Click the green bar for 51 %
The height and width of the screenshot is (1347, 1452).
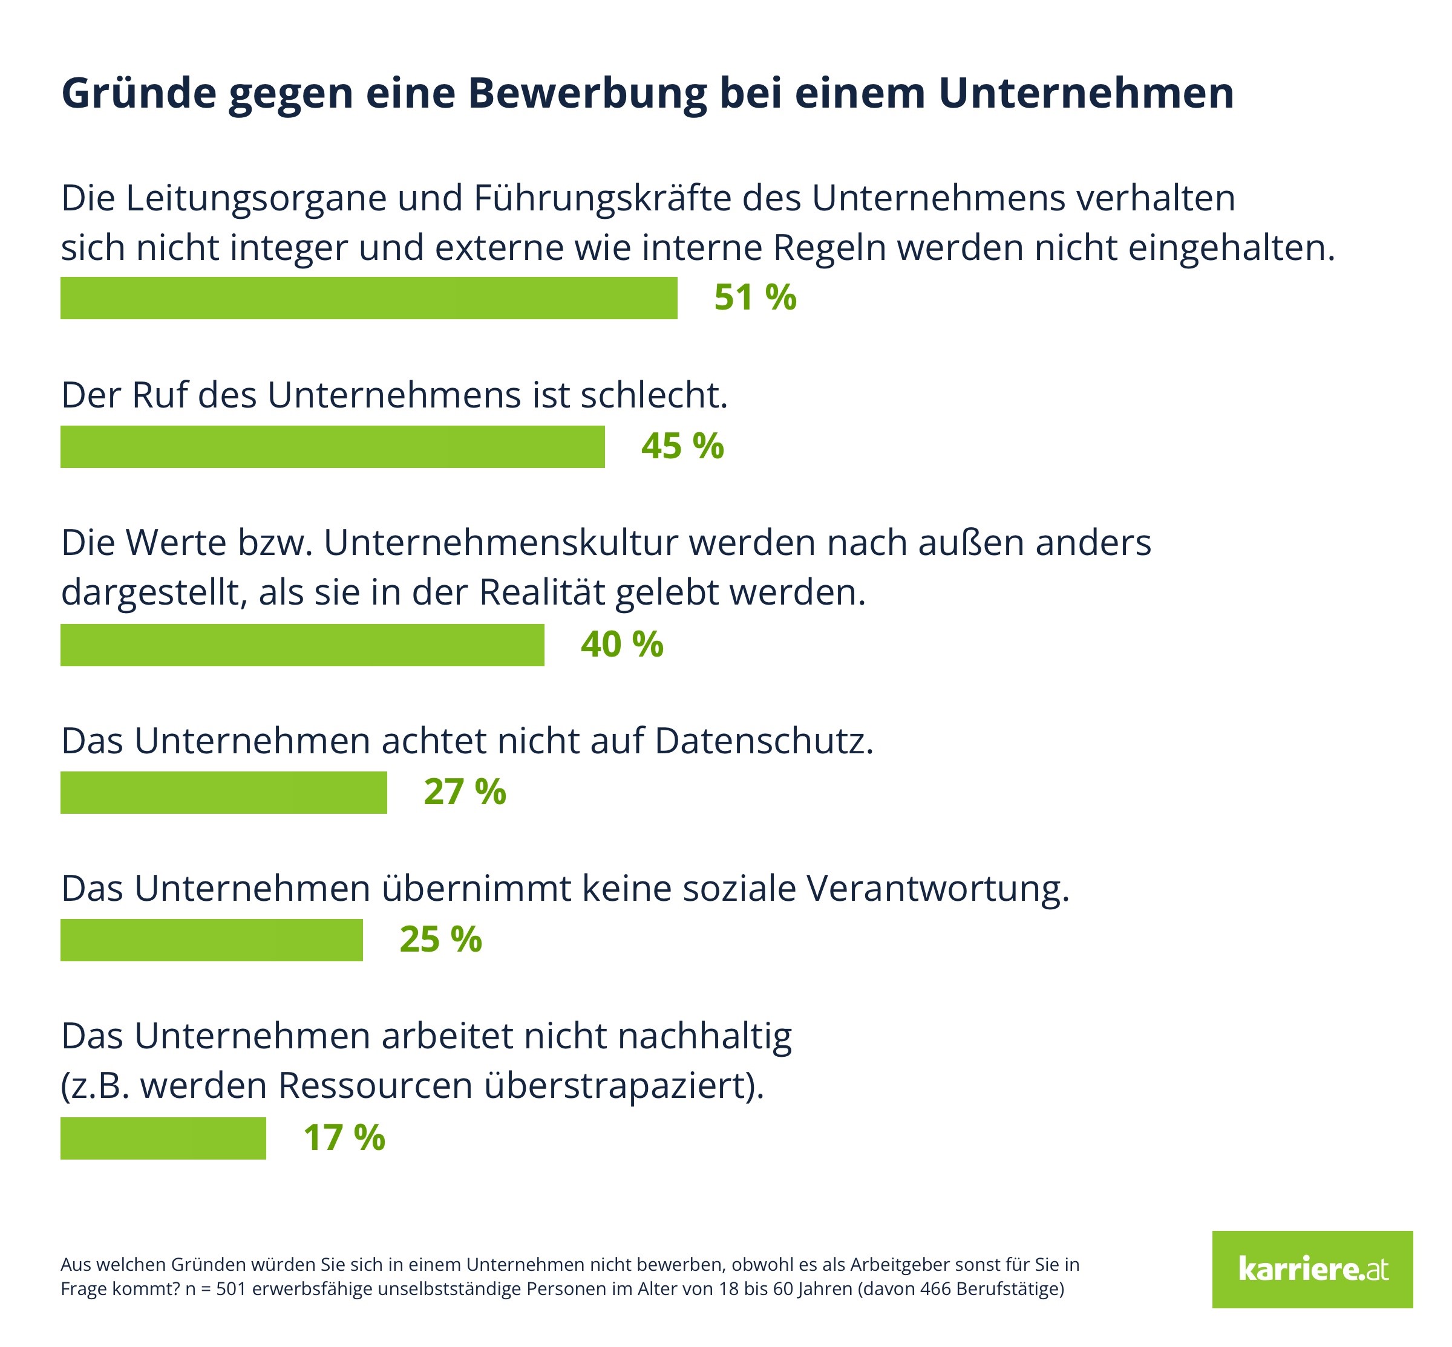(368, 297)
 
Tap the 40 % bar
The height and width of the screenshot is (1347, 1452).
(302, 644)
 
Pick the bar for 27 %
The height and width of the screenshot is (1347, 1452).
(223, 793)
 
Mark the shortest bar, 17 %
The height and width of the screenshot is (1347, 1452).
(163, 1138)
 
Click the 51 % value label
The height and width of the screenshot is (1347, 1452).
(755, 297)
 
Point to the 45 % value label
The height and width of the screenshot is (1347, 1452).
(682, 446)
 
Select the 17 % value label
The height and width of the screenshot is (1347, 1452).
(344, 1138)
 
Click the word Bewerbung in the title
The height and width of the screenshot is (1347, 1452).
(587, 93)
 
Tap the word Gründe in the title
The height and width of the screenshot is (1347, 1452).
(139, 93)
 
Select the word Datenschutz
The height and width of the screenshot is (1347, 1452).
(764, 741)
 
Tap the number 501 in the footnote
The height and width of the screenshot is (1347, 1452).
(231, 1289)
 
